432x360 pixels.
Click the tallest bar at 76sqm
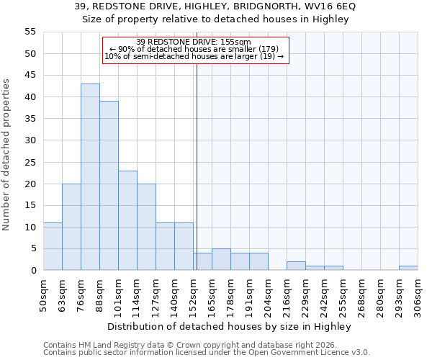click(90, 177)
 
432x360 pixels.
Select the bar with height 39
click(109, 186)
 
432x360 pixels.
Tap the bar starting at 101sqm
click(127, 220)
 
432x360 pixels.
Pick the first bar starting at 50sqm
click(53, 246)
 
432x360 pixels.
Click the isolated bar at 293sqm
click(408, 268)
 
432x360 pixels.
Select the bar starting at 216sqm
click(296, 266)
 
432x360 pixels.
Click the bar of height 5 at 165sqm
click(221, 259)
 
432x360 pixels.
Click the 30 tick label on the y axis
click(30, 140)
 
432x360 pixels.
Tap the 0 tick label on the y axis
click(32, 271)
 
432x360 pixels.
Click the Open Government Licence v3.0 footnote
click(207, 353)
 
